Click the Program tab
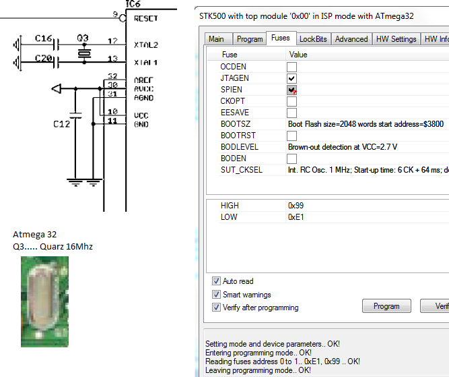coord(250,39)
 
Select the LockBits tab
coord(313,39)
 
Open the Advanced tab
coord(351,39)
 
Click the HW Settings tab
coord(396,39)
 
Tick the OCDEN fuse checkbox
coord(291,67)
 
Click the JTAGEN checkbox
coord(291,78)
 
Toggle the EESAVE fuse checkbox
coord(291,113)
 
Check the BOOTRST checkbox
coord(291,136)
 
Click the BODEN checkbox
coord(291,158)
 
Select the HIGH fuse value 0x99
coord(296,205)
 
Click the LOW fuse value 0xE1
coord(296,216)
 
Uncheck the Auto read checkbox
coord(216,281)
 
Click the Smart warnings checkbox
coord(216,294)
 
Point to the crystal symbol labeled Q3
coord(83,53)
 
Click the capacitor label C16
coord(43,39)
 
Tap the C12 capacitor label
coord(62,125)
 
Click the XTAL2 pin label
coord(145,45)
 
